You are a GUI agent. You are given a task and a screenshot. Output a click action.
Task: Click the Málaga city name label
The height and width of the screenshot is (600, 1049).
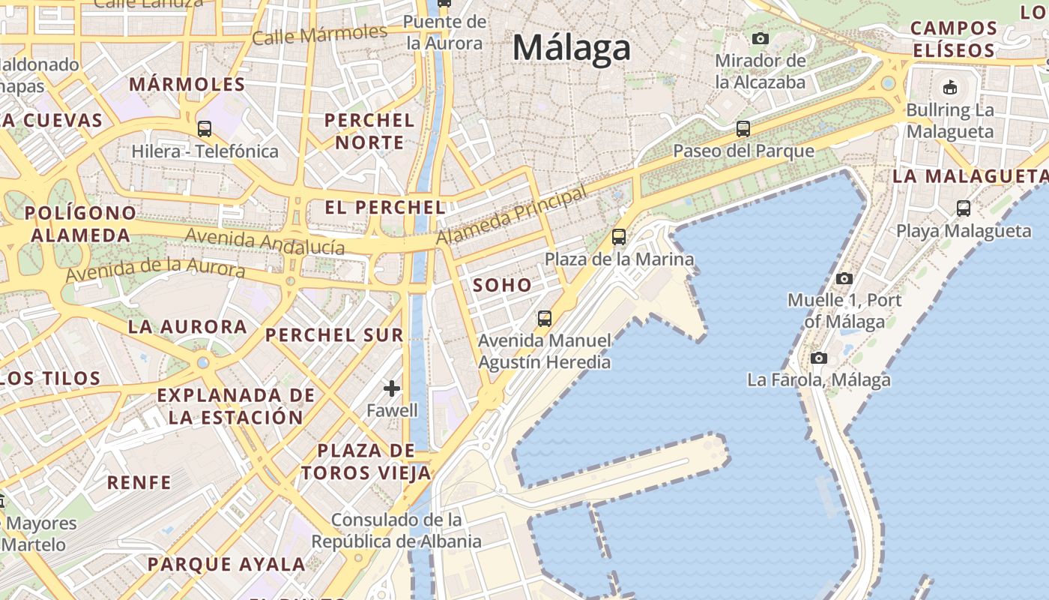pyautogui.click(x=572, y=48)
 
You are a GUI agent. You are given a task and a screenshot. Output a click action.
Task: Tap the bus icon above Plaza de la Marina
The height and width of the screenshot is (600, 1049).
pyautogui.click(x=619, y=237)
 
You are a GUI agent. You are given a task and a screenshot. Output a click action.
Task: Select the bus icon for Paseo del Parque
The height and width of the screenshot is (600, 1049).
pyautogui.click(x=743, y=129)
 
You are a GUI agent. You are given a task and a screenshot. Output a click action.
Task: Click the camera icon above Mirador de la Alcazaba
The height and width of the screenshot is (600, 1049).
pyautogui.click(x=761, y=38)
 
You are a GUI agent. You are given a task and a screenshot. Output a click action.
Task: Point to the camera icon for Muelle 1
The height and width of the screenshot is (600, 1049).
pyautogui.click(x=844, y=278)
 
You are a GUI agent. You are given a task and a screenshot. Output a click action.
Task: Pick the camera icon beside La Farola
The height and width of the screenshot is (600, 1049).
pyautogui.click(x=819, y=358)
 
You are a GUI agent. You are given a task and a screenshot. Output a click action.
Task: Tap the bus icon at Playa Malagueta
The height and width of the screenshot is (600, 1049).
pyautogui.click(x=964, y=208)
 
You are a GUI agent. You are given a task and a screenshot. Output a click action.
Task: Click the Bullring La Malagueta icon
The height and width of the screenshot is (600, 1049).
pyautogui.click(x=950, y=87)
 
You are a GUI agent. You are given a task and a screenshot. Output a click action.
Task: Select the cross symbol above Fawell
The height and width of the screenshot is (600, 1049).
pyautogui.click(x=392, y=388)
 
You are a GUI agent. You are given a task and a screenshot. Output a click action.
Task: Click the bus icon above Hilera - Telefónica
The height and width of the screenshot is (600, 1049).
pyautogui.click(x=205, y=129)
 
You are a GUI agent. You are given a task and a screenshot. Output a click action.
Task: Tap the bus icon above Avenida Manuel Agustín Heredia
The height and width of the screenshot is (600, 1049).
pyautogui.click(x=545, y=319)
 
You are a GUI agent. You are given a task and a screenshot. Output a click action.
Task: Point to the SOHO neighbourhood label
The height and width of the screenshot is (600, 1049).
pyautogui.click(x=502, y=285)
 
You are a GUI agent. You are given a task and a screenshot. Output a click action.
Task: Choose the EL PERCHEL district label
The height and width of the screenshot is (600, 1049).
pyautogui.click(x=385, y=207)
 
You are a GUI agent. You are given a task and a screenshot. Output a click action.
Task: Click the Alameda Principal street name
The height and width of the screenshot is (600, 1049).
pyautogui.click(x=511, y=216)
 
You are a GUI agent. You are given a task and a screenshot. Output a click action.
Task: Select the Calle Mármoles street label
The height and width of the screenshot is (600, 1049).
pyautogui.click(x=320, y=34)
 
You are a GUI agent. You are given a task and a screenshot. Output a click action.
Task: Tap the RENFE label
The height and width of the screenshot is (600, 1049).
pyautogui.click(x=139, y=482)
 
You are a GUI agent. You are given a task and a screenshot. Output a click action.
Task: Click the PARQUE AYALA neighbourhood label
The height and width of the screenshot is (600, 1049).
pyautogui.click(x=226, y=564)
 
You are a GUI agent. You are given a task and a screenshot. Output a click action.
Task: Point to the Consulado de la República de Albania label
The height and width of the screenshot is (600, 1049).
pyautogui.click(x=396, y=530)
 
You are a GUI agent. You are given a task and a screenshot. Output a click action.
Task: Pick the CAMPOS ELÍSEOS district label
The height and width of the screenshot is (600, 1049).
pyautogui.click(x=953, y=40)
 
